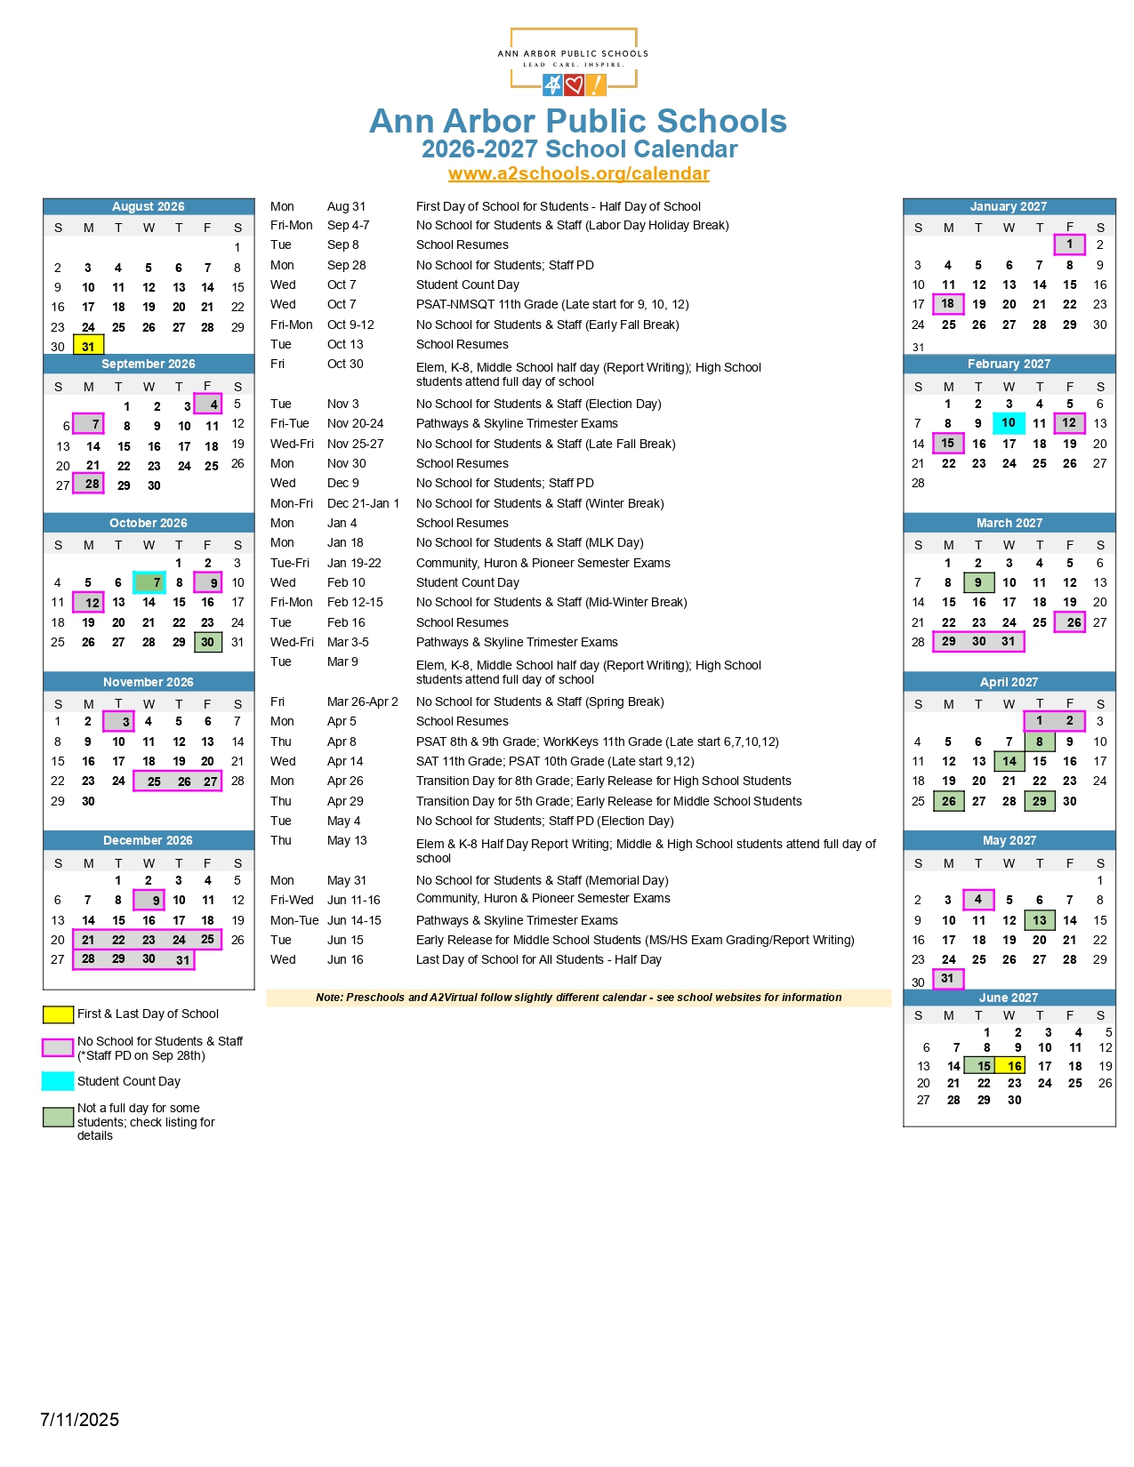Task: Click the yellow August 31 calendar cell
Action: (88, 345)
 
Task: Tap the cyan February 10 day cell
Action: (1009, 423)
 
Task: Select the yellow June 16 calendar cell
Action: (1012, 1065)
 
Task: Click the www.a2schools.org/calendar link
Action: (578, 173)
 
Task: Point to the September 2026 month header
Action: (149, 364)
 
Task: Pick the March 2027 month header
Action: (1009, 523)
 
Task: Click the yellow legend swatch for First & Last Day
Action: (58, 1014)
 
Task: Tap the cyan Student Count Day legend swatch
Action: (58, 1081)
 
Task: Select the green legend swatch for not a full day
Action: (58, 1118)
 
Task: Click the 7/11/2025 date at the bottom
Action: (79, 1420)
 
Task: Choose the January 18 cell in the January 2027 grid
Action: (948, 304)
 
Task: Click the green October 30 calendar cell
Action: (207, 642)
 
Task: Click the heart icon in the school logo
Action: (575, 85)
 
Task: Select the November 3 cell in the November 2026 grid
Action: (119, 722)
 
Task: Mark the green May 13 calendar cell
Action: (1039, 920)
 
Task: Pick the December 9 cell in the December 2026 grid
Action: (149, 900)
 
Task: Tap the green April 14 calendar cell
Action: (1009, 761)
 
